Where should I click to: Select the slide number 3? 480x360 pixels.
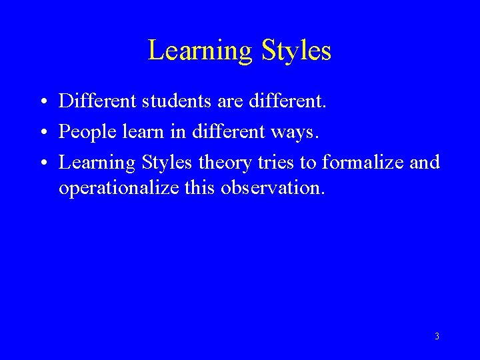pyautogui.click(x=437, y=337)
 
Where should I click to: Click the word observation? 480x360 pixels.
pyautogui.click(x=273, y=188)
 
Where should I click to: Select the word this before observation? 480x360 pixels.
pyautogui.click(x=199, y=188)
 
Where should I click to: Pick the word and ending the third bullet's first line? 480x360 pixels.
pyautogui.click(x=425, y=162)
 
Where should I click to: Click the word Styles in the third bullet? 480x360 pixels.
pyautogui.click(x=166, y=162)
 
